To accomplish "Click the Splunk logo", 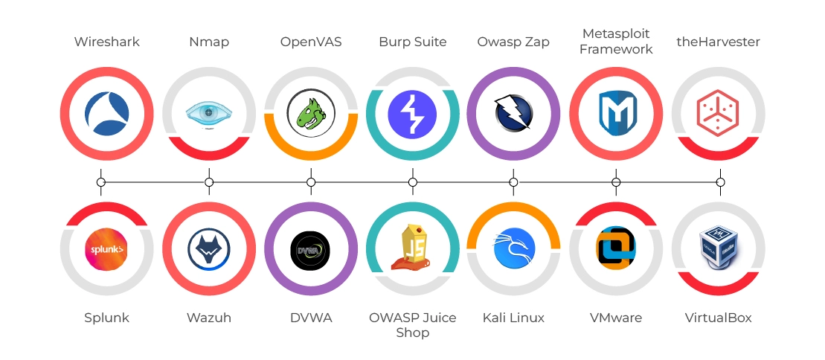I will click(x=106, y=248).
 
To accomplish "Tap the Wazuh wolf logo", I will click(x=209, y=248).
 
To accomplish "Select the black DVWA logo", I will click(x=311, y=248).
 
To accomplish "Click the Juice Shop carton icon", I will click(x=411, y=247).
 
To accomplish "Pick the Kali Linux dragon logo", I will click(x=513, y=248).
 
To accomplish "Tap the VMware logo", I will click(x=616, y=248).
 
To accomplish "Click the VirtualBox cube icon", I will click(x=719, y=248).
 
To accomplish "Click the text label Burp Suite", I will click(x=413, y=42).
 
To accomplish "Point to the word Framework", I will click(x=616, y=49).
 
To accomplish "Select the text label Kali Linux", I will click(x=513, y=318).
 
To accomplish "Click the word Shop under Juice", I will click(x=413, y=332).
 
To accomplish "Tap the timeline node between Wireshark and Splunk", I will click(x=101, y=181).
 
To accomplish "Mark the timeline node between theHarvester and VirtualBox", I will click(x=720, y=181).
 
